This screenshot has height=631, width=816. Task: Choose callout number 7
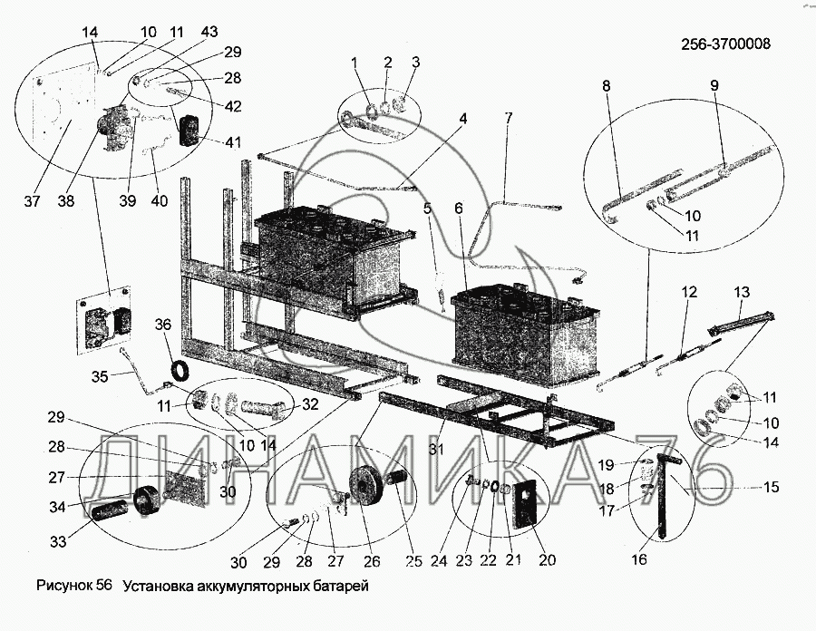pos(509,118)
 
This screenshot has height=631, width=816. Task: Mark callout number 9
pos(714,88)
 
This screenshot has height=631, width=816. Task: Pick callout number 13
pos(742,292)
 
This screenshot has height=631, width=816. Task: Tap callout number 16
pos(639,559)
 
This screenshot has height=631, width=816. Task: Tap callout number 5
pos(426,209)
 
